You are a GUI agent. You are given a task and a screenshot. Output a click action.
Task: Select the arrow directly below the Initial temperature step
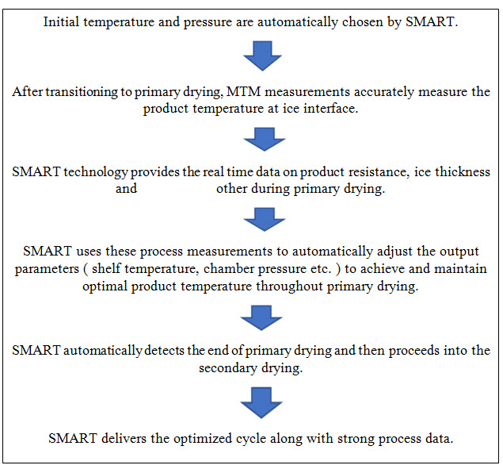(x=264, y=56)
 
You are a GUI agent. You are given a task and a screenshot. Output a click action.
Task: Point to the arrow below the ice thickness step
(x=264, y=218)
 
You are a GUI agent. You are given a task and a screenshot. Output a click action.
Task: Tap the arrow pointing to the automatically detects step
(x=264, y=317)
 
